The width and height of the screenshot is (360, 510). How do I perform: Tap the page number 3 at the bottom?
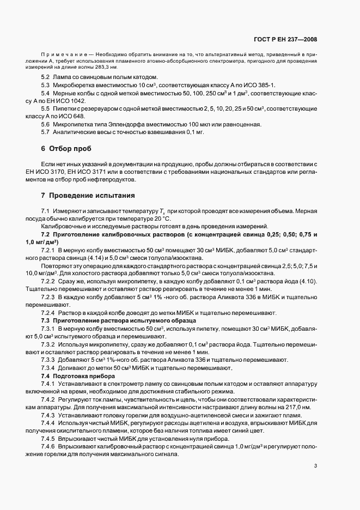(x=316, y=465)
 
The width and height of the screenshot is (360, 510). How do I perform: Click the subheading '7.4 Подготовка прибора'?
(x=77, y=377)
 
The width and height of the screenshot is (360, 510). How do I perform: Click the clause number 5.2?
(x=45, y=78)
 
